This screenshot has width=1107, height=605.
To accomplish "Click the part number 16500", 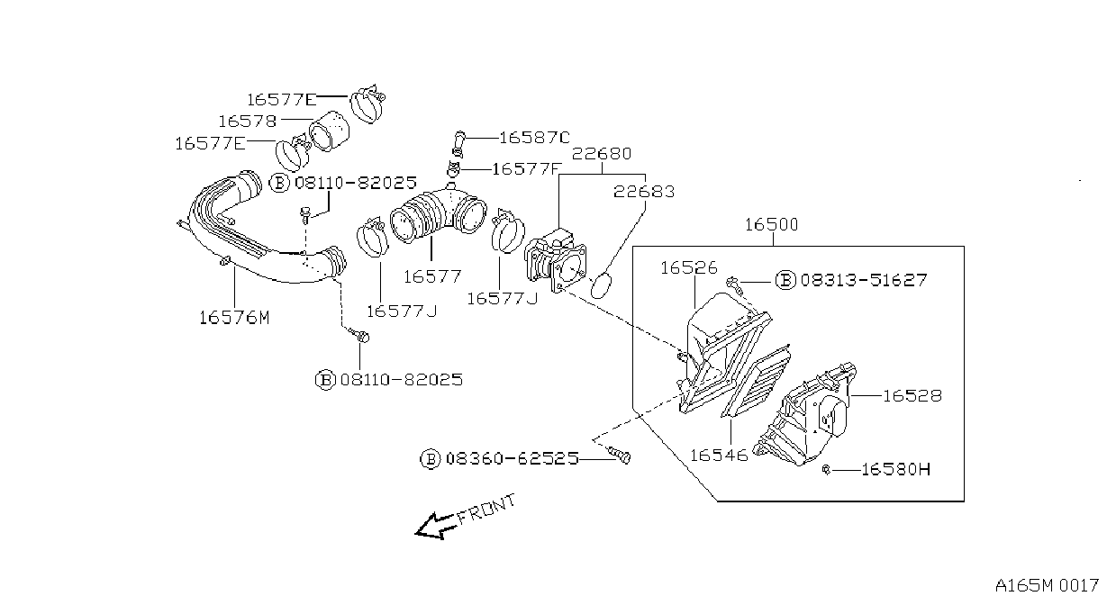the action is [771, 225].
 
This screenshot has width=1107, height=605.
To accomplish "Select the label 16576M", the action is [234, 318].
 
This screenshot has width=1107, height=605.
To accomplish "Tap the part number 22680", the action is [602, 154].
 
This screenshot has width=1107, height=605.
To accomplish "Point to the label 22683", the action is [643, 191].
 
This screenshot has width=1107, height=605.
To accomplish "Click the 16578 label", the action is [247, 121].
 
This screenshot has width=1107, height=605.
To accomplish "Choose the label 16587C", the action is [534, 138].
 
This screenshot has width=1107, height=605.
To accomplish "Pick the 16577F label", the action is [525, 169].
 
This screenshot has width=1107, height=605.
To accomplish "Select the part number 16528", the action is [912, 395].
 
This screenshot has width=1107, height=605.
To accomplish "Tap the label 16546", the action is [719, 456].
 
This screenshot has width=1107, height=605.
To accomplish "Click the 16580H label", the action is [895, 469].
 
